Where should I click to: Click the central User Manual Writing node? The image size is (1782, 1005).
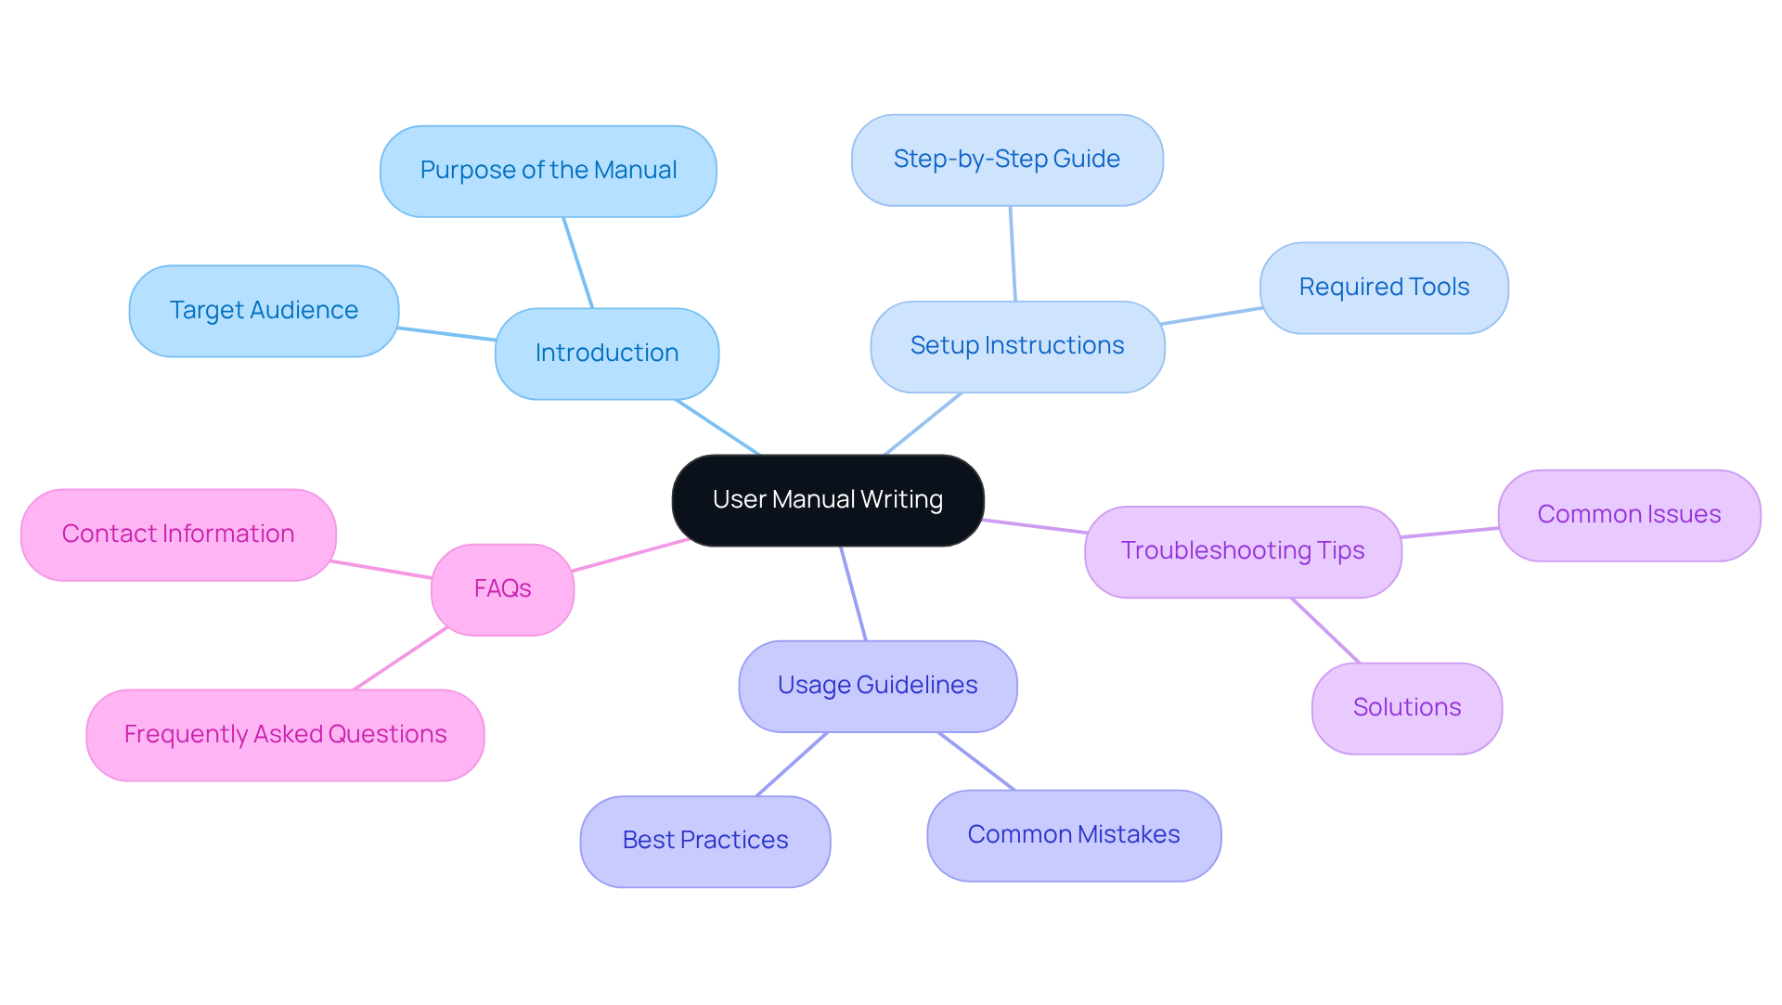(x=827, y=500)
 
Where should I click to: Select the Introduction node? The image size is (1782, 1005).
(x=607, y=354)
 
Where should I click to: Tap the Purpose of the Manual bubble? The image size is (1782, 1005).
(x=548, y=172)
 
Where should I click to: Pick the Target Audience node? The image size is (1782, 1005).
(x=264, y=311)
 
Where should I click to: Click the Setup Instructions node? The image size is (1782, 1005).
(x=1017, y=346)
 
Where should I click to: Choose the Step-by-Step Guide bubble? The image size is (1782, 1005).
(x=1007, y=160)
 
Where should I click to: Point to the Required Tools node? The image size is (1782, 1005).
(x=1384, y=288)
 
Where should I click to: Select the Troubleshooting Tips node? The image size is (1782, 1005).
(x=1243, y=551)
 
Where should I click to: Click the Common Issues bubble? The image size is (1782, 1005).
(x=1629, y=515)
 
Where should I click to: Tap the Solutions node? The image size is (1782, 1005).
(x=1407, y=708)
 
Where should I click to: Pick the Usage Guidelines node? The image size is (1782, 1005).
(x=878, y=686)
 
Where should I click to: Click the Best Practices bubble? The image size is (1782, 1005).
(x=705, y=841)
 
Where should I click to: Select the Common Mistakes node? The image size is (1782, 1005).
(x=1074, y=835)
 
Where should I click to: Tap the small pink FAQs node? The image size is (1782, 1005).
(x=502, y=589)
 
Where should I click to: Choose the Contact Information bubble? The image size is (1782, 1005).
(x=178, y=535)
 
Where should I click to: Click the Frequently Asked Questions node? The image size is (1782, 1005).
(x=285, y=735)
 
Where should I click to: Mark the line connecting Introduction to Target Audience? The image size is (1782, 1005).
(x=446, y=334)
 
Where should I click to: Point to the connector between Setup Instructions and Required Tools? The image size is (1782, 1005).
(x=1211, y=316)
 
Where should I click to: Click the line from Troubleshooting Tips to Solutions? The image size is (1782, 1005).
(x=1325, y=631)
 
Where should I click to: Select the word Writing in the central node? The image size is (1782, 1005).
(x=901, y=500)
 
